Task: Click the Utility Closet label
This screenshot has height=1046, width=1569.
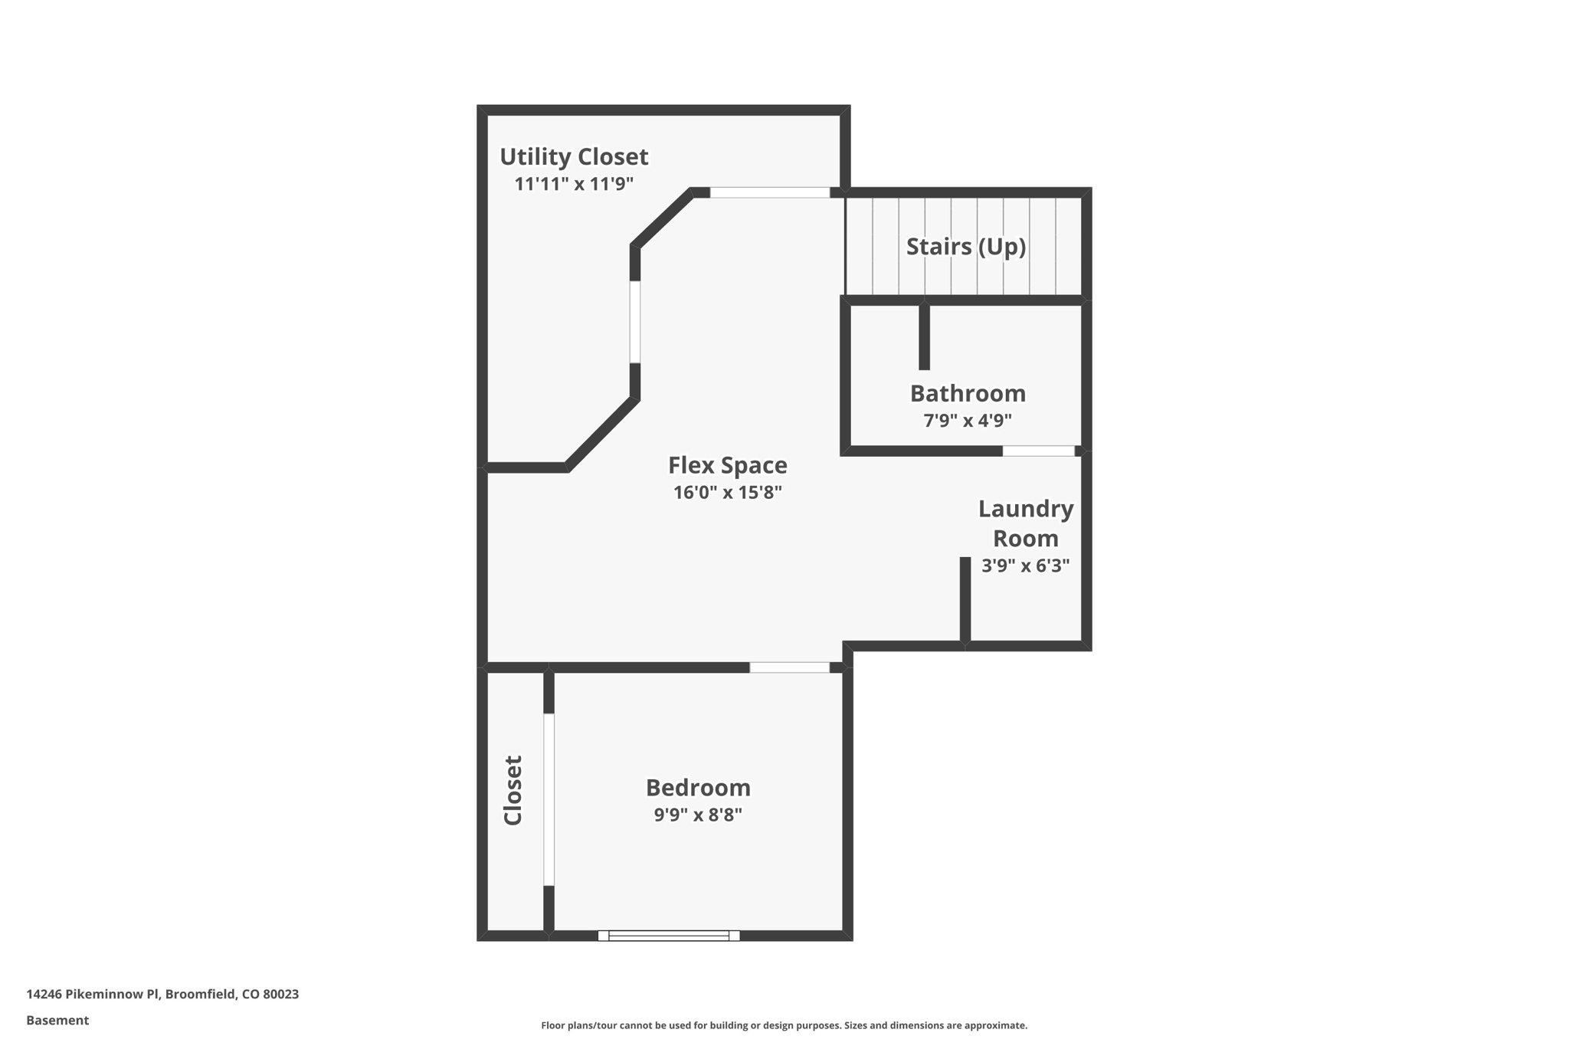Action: (x=574, y=157)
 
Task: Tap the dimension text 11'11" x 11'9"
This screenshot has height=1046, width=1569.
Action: (x=574, y=184)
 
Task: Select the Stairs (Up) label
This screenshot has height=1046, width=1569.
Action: (x=965, y=247)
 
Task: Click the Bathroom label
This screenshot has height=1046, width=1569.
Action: (x=968, y=394)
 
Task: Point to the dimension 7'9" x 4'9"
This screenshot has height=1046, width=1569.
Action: (x=968, y=421)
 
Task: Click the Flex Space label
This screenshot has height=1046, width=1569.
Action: (x=727, y=466)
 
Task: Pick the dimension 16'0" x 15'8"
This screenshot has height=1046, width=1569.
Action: (x=727, y=493)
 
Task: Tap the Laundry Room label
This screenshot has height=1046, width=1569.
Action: (x=1025, y=524)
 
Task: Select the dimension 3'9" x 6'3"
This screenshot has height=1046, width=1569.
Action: (x=1025, y=566)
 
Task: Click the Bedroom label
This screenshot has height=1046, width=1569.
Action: (x=698, y=789)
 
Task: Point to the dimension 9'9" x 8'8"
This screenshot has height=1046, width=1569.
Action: (x=698, y=815)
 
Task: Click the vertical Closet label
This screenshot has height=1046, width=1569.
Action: (x=513, y=791)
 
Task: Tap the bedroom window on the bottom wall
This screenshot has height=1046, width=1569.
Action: (x=668, y=936)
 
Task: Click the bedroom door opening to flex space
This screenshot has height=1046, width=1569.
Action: (x=789, y=668)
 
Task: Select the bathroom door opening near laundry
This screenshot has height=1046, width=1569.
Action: (x=1038, y=451)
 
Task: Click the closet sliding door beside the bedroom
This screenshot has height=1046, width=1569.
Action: (x=549, y=799)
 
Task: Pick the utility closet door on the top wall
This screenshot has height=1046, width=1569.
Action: (x=769, y=193)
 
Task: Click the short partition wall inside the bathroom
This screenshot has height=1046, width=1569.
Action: (x=924, y=337)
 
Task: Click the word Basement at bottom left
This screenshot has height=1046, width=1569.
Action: (x=57, y=1021)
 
